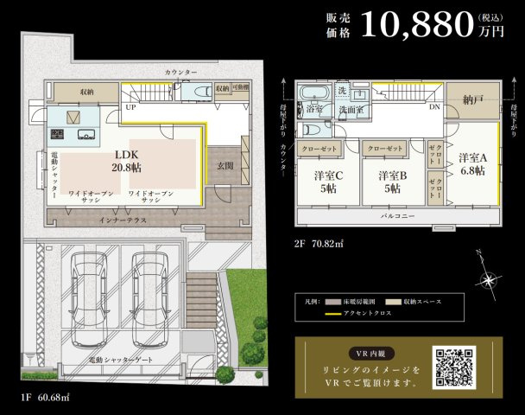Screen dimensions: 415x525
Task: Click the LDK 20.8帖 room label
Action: tap(128, 161)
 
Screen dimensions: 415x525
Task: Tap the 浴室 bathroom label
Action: tap(312, 110)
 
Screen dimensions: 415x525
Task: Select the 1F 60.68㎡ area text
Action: tap(45, 399)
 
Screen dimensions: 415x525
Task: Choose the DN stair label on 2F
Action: tap(435, 108)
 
